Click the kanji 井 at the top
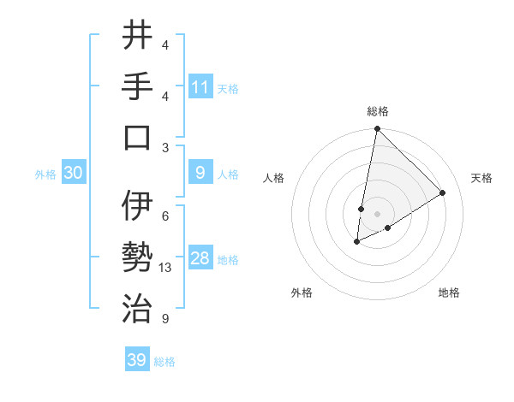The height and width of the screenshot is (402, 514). click(x=137, y=36)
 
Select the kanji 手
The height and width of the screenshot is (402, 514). click(x=137, y=86)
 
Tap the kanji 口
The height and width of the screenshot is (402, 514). click(x=137, y=137)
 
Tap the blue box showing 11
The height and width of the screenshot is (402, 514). click(x=200, y=87)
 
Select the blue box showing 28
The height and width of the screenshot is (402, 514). click(x=200, y=259)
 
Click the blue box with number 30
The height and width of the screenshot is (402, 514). click(x=74, y=174)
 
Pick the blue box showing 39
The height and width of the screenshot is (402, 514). click(x=137, y=360)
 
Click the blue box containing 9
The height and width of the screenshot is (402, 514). click(x=200, y=174)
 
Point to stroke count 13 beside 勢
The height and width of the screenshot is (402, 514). click(x=166, y=268)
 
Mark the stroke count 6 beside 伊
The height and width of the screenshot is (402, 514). click(x=165, y=216)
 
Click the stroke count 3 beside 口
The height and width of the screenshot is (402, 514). click(x=165, y=147)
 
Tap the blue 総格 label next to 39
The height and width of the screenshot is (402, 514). click(x=164, y=362)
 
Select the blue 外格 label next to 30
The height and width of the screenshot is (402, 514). click(x=45, y=174)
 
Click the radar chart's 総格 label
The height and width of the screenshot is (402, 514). click(x=377, y=112)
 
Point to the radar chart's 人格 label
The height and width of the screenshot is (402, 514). click(x=274, y=178)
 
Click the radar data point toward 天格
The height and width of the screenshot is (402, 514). click(x=443, y=193)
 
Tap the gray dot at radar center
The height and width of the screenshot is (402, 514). click(x=377, y=214)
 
